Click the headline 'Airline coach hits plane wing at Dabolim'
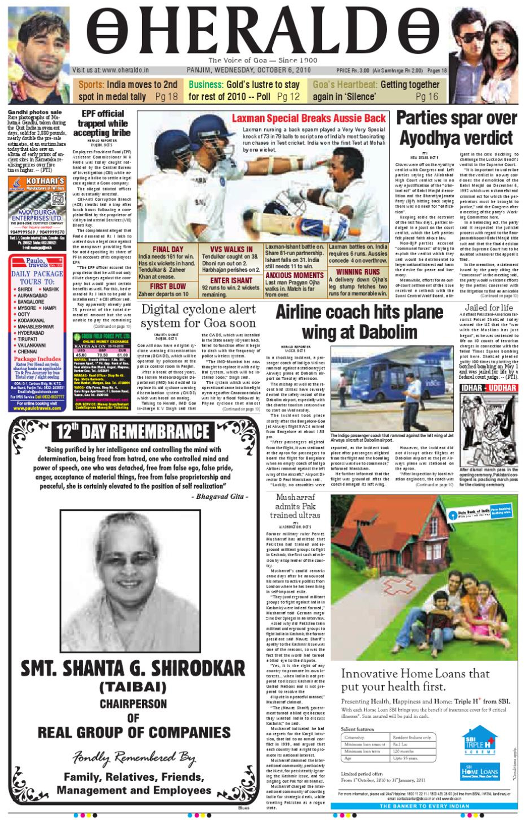tap(359, 322)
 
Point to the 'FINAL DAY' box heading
tap(168, 249)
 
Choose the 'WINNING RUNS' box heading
tap(358, 272)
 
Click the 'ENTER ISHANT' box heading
tap(231, 280)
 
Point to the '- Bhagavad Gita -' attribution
tap(220, 497)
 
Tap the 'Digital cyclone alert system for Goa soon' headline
tap(199, 316)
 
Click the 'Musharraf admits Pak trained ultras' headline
tap(295, 506)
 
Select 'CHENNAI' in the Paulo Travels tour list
tap(27, 351)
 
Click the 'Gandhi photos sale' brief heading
tap(35, 112)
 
